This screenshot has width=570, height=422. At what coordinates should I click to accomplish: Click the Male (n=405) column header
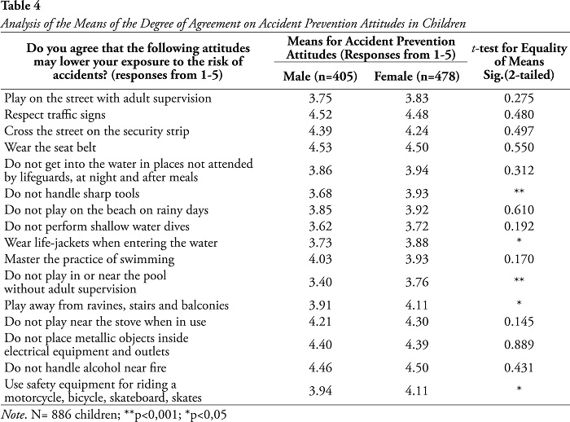tap(320, 77)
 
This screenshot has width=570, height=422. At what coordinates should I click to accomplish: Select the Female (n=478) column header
tap(417, 77)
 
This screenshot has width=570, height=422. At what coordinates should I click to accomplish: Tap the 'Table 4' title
tap(20, 6)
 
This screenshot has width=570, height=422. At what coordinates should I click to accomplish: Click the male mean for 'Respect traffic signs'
tap(320, 115)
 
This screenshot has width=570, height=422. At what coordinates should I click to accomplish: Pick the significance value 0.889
tap(519, 344)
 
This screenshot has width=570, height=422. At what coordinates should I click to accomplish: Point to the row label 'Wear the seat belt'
tap(50, 147)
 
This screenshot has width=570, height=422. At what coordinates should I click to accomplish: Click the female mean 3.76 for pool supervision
tap(417, 282)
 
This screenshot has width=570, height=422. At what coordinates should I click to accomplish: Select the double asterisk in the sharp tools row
tap(519, 191)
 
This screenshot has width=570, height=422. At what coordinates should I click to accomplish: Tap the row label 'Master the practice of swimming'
tap(90, 259)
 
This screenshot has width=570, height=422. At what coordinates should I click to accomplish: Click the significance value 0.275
tap(519, 99)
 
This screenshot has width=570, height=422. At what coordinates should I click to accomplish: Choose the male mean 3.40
tap(320, 282)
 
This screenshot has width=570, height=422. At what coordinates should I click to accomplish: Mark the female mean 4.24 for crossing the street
tap(417, 131)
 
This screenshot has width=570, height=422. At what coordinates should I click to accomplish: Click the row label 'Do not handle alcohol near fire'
tap(85, 367)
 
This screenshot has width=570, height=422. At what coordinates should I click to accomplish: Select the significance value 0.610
tap(519, 210)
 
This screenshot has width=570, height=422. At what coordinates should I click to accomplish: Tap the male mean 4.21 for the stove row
tap(320, 322)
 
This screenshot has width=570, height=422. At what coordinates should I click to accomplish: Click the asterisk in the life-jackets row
tap(519, 241)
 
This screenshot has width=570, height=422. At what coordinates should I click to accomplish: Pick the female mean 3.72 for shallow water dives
tap(417, 226)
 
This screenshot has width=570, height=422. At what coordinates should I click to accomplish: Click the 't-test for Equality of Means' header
tap(519, 55)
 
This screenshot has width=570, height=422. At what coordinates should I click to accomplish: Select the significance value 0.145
tap(519, 322)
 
